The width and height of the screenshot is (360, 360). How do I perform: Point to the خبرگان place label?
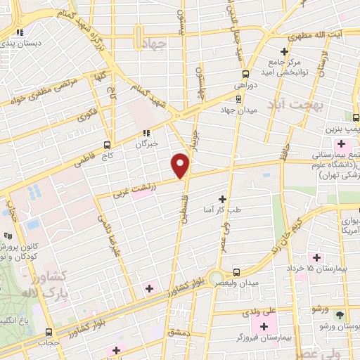148,144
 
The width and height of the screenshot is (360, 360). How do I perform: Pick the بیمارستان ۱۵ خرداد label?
323,269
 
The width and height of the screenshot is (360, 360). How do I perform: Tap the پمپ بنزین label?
341,130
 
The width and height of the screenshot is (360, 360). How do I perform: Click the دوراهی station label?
246,86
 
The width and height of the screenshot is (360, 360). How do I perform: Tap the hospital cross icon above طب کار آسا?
224,199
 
